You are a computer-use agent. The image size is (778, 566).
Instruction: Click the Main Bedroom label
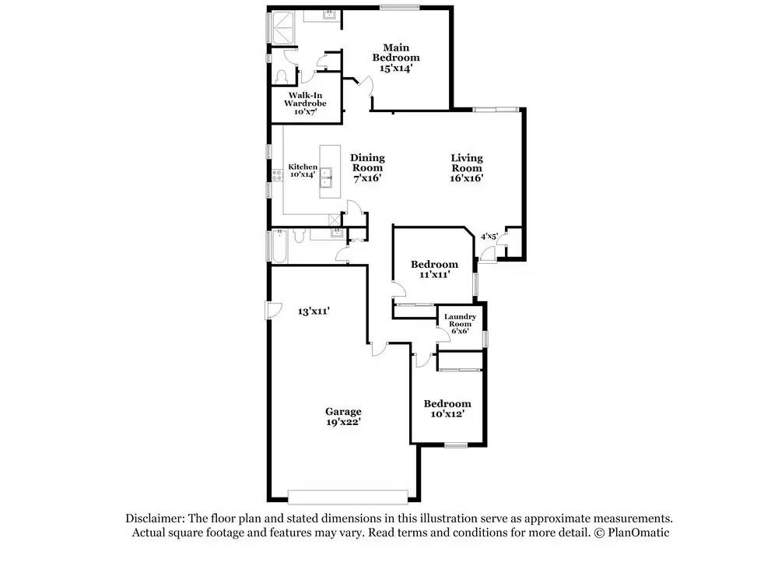click(x=395, y=57)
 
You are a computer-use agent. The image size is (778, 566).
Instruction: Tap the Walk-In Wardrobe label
click(x=304, y=104)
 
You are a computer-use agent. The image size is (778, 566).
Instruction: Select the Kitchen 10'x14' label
click(x=303, y=171)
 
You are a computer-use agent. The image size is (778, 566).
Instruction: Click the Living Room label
click(x=467, y=167)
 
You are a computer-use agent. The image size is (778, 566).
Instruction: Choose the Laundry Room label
click(x=461, y=323)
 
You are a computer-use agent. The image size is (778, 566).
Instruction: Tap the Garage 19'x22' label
click(x=343, y=417)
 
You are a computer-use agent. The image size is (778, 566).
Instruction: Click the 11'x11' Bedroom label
click(x=434, y=269)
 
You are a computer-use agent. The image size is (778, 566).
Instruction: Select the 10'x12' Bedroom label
click(x=447, y=409)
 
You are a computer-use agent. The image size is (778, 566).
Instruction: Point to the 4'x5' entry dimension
click(x=489, y=236)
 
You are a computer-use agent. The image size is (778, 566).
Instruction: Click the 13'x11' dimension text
click(x=314, y=311)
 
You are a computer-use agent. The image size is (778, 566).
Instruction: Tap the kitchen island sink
click(x=330, y=174)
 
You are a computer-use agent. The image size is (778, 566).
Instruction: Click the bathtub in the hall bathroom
click(x=279, y=247)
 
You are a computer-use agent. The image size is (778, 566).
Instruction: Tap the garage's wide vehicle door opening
click(x=347, y=497)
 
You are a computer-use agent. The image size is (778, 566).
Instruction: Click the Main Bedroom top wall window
click(x=400, y=8)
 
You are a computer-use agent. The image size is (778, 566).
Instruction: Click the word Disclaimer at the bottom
click(x=152, y=519)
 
